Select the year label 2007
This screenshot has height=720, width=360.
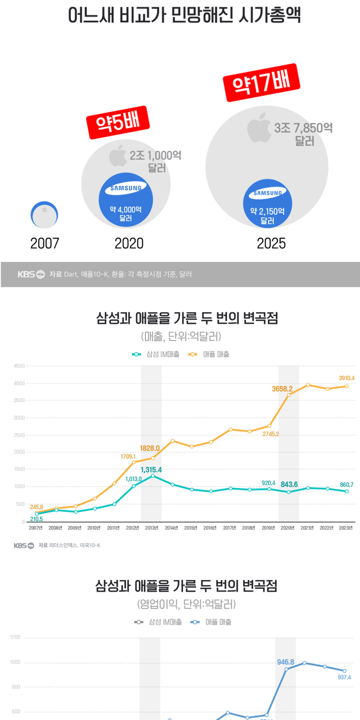44,244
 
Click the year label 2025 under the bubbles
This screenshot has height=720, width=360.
271,244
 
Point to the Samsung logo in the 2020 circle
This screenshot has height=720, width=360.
126,189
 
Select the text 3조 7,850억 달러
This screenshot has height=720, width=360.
303,134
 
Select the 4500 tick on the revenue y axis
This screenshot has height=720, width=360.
19,366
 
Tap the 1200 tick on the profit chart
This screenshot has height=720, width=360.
15,637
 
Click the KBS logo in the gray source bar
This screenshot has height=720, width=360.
31,274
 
